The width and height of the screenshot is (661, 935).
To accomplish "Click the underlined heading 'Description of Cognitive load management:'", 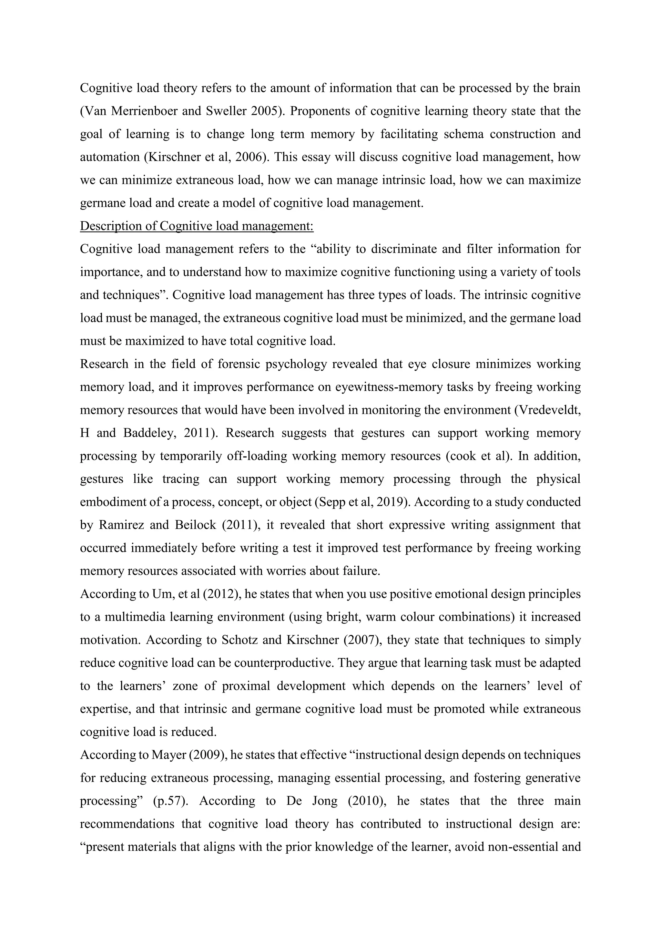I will (x=197, y=226).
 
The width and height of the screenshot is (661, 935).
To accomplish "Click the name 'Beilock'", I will (x=195, y=525).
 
